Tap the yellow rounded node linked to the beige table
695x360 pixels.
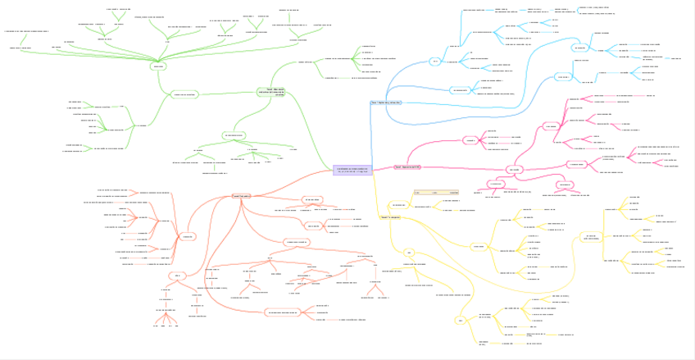pos(398,204)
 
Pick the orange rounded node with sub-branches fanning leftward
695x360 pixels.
pos(187,236)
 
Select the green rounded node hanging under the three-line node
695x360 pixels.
pos(234,134)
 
